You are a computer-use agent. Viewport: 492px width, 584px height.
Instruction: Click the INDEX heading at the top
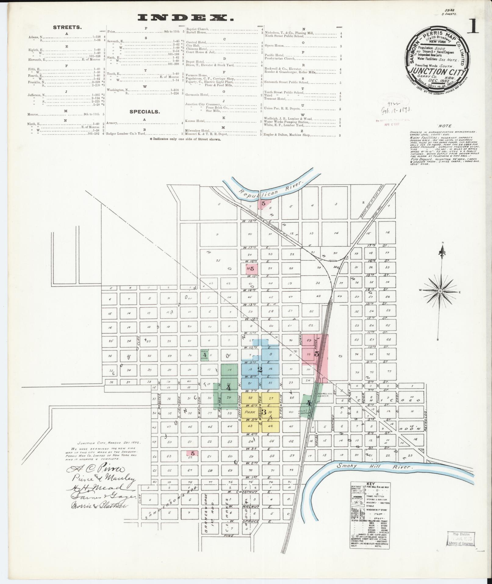pos(185,18)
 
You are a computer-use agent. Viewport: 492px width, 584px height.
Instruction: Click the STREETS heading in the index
pos(67,27)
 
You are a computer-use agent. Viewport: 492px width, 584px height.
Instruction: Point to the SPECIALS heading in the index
pos(144,112)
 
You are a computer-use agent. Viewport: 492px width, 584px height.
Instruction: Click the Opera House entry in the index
pos(274,46)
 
